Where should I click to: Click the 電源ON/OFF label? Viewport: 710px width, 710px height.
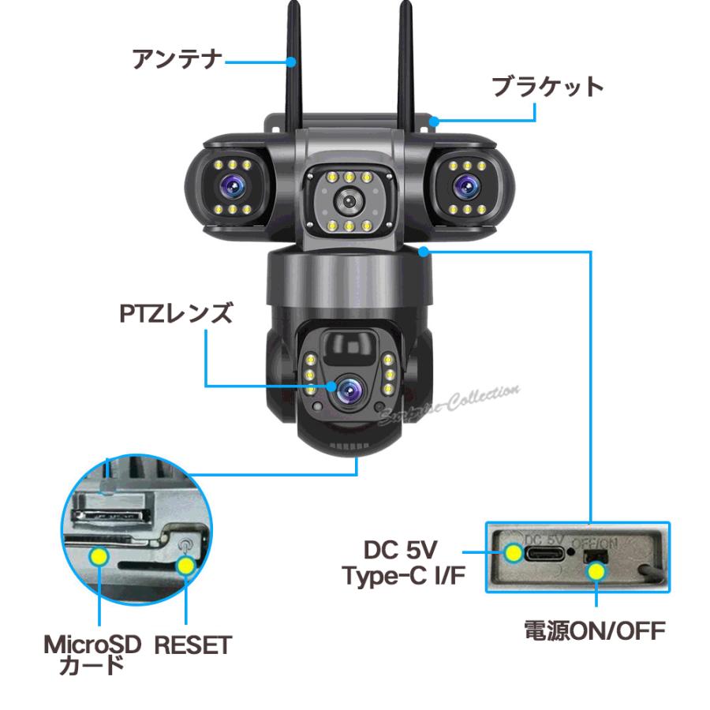(596, 630)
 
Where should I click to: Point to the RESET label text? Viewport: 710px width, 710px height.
(192, 646)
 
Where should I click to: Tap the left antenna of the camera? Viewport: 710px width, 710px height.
(293, 63)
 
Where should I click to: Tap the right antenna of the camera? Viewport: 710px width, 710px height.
(406, 63)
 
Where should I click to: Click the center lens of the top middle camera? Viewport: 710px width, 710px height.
(346, 200)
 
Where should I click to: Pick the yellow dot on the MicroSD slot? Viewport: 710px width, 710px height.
(99, 557)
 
